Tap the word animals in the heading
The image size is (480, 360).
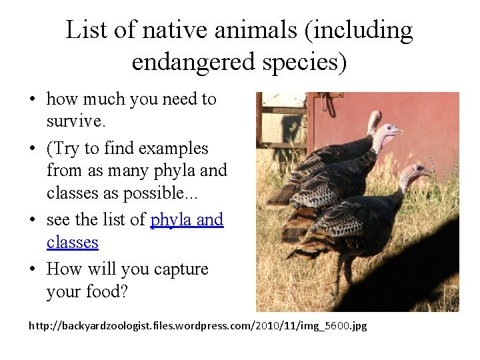(245, 30)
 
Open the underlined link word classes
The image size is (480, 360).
(73, 242)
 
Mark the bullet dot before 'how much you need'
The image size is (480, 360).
(32, 100)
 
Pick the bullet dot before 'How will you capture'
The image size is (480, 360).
(32, 270)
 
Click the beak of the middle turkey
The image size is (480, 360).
(401, 131)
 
